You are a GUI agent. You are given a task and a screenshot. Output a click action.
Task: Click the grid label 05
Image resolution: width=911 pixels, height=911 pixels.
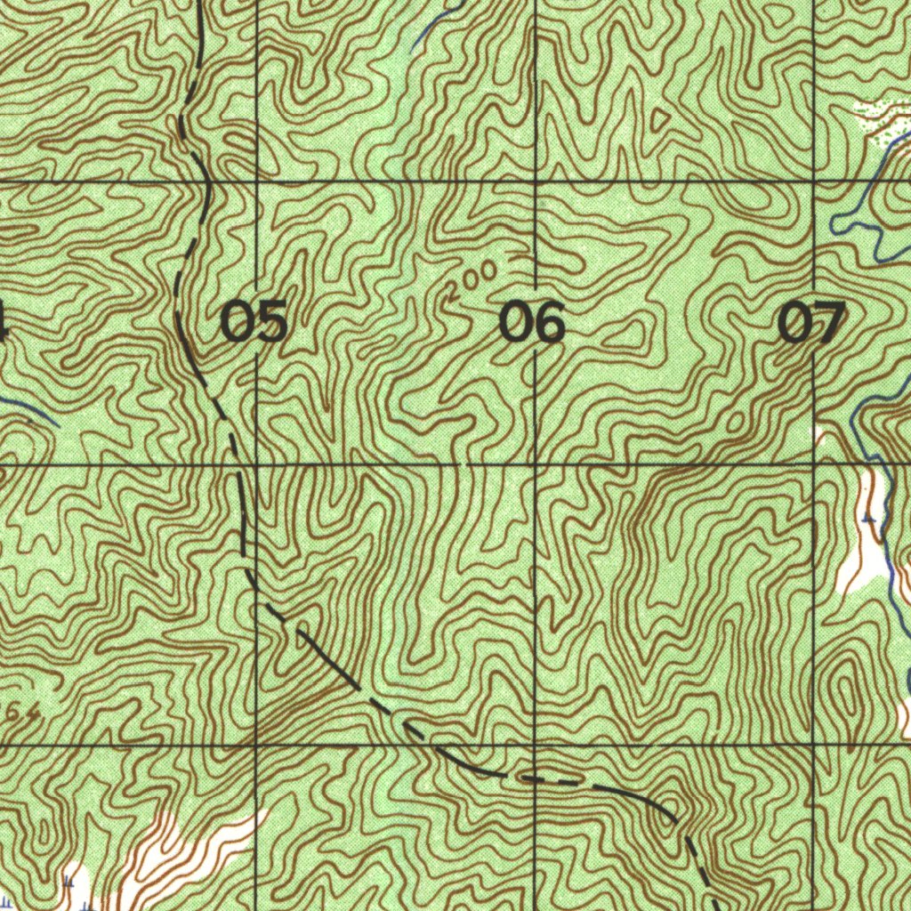coord(254,322)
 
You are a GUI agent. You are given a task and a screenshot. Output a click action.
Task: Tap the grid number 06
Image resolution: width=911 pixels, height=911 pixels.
coord(532,322)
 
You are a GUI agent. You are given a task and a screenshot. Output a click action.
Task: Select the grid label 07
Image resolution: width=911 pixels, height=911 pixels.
coord(811,322)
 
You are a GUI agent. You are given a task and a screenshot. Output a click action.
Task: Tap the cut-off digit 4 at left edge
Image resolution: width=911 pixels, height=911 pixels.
coord(4,322)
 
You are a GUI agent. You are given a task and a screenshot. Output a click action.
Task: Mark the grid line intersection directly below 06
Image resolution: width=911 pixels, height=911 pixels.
coord(535,464)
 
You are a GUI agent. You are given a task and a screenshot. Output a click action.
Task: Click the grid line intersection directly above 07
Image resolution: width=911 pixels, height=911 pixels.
coord(815,181)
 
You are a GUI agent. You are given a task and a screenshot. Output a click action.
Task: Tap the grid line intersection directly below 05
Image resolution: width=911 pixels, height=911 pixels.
coord(256,464)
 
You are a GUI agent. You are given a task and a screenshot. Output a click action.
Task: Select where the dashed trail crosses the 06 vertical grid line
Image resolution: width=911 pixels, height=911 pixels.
coord(535,779)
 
